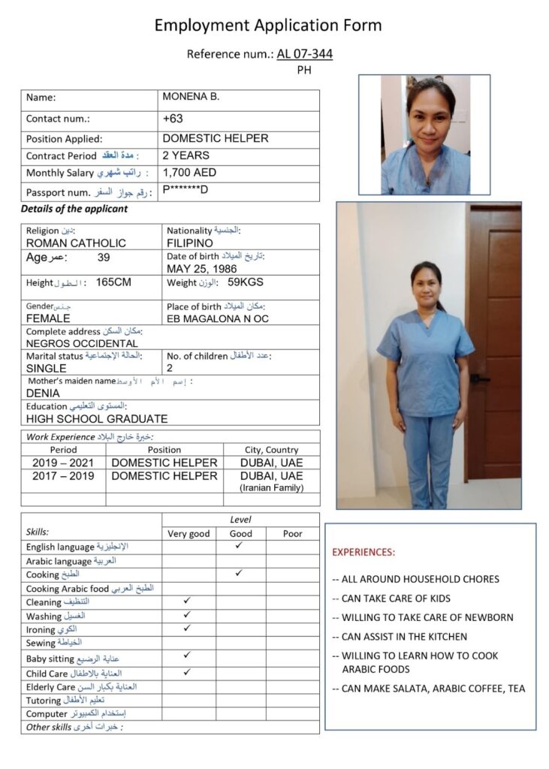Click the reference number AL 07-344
click(304, 54)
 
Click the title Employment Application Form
click(268, 26)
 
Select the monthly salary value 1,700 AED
click(189, 173)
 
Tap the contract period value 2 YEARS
click(186, 155)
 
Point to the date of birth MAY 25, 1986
click(201, 269)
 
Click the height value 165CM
click(113, 282)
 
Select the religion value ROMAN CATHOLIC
click(76, 243)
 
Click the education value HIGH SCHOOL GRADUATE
click(97, 418)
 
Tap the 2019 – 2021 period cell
click(63, 463)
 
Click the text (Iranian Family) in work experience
click(271, 487)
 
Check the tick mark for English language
click(238, 546)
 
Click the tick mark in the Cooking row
click(238, 573)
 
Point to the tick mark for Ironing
click(187, 628)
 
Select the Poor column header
click(292, 533)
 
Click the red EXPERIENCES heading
click(363, 552)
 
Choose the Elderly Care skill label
click(51, 686)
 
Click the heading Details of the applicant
click(74, 210)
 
